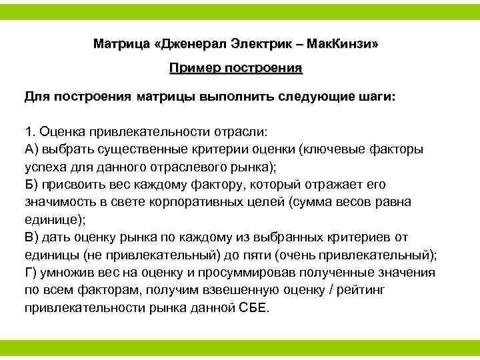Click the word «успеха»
45,166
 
